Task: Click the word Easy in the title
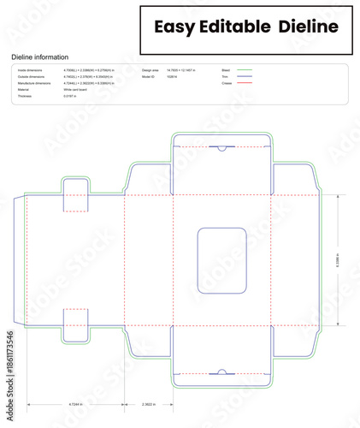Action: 174,27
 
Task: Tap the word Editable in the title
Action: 233,27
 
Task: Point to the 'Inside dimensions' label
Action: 30,69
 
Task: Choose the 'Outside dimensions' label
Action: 31,76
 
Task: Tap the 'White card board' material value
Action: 76,90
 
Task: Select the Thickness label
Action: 25,97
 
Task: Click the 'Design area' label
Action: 151,69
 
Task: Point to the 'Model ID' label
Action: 150,76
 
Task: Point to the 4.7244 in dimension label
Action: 76,403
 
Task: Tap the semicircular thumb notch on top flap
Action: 222,149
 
